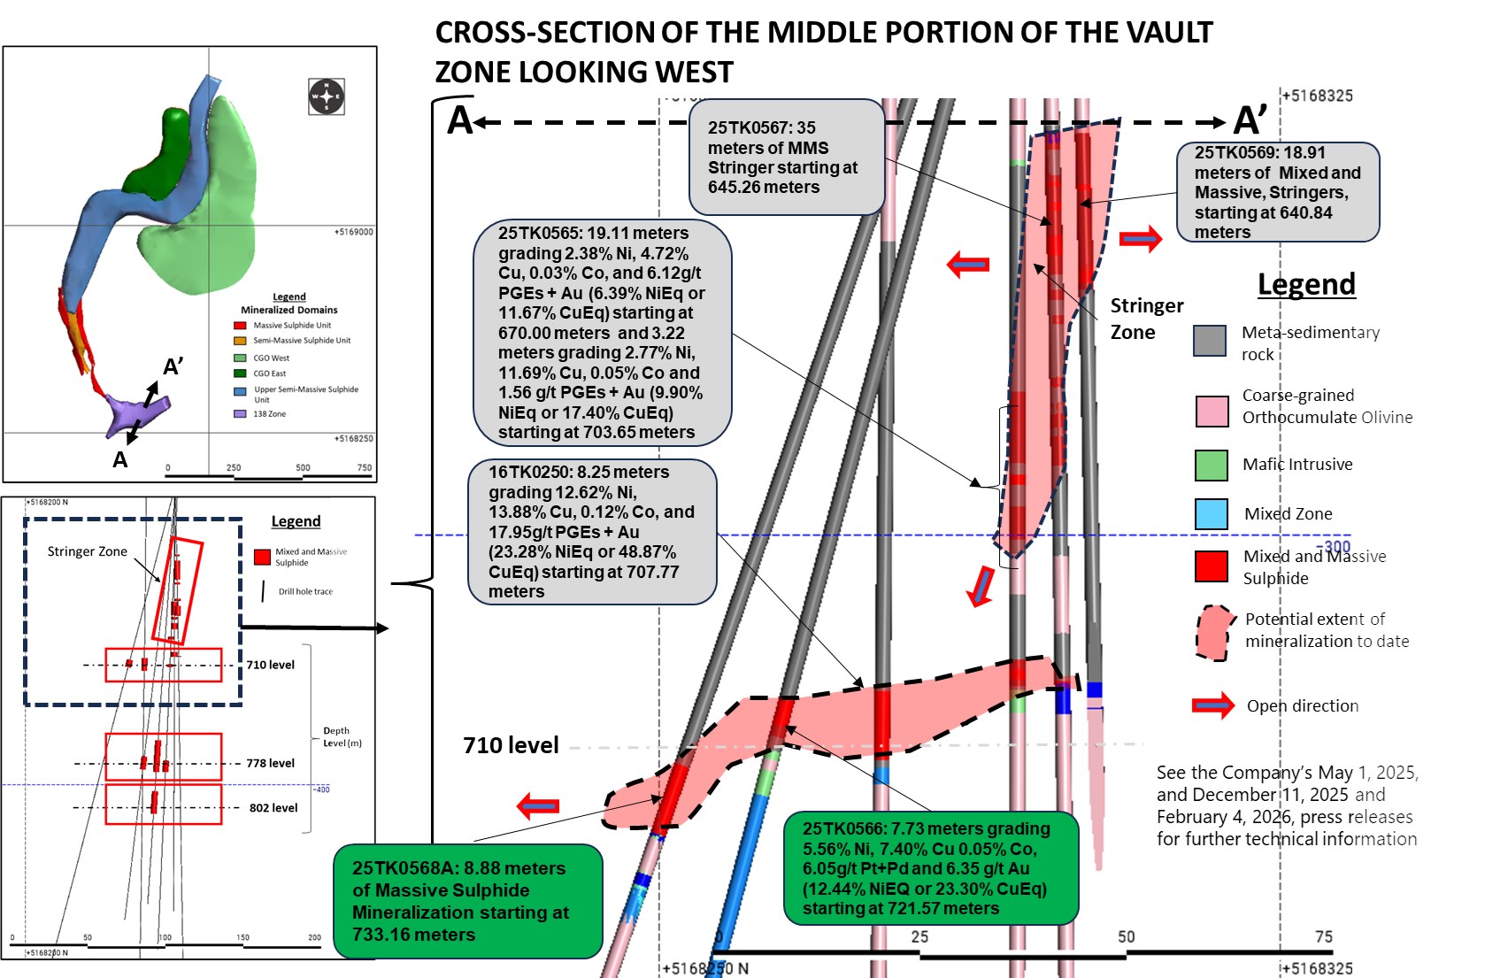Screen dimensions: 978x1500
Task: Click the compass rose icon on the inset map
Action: click(x=327, y=96)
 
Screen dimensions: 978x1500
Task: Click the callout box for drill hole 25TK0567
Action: click(x=787, y=157)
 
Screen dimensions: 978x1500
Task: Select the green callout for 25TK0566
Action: click(x=931, y=868)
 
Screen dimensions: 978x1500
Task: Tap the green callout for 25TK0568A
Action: click(x=468, y=901)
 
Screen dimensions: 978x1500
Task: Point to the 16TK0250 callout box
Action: click(x=591, y=532)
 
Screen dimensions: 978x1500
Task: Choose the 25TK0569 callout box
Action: click(x=1278, y=192)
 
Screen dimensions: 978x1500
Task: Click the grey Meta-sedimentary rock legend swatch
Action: click(x=1210, y=341)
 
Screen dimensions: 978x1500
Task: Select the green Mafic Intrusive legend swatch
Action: click(x=1212, y=465)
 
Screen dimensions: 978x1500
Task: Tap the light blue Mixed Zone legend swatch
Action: click(x=1212, y=514)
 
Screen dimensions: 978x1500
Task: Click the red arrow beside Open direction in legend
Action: click(x=1212, y=705)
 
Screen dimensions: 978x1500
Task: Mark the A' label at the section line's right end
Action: click(x=1250, y=120)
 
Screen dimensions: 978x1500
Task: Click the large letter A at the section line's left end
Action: click(x=459, y=120)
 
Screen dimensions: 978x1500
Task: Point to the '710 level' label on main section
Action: click(x=511, y=745)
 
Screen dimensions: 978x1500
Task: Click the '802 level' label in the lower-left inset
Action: click(x=273, y=808)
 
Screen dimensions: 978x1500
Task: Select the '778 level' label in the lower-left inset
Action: click(x=270, y=763)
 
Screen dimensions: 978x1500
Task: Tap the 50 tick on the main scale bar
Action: click(x=1126, y=936)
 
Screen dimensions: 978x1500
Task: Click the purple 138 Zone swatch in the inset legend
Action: click(x=240, y=413)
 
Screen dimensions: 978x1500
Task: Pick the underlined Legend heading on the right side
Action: click(x=1306, y=284)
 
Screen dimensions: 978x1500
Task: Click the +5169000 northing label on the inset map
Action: click(x=353, y=232)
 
